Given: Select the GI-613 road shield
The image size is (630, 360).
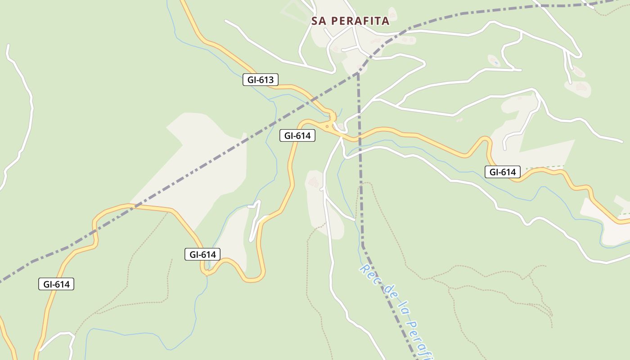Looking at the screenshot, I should click(261, 80).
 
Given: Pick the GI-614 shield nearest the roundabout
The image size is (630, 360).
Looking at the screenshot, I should click(297, 135).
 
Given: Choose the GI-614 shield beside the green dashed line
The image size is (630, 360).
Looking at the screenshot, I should click(503, 172).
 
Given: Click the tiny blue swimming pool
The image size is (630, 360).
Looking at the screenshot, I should click(495, 63).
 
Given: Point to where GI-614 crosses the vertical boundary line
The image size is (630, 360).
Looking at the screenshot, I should click(360, 136).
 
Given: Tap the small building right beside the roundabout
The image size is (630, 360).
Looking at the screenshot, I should click(340, 126).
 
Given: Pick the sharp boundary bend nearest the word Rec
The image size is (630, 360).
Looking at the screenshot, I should click(363, 245).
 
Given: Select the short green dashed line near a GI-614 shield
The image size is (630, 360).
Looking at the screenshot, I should click(545, 167).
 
